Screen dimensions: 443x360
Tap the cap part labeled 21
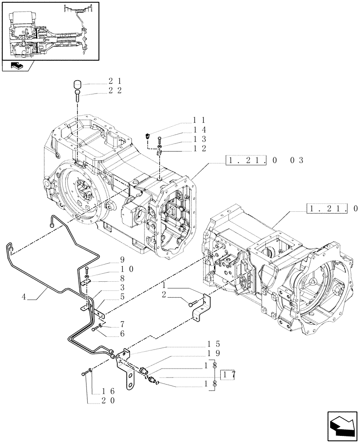(x=78, y=84)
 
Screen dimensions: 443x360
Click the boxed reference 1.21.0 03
(x=265, y=160)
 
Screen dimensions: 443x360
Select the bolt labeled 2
(x=192, y=304)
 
